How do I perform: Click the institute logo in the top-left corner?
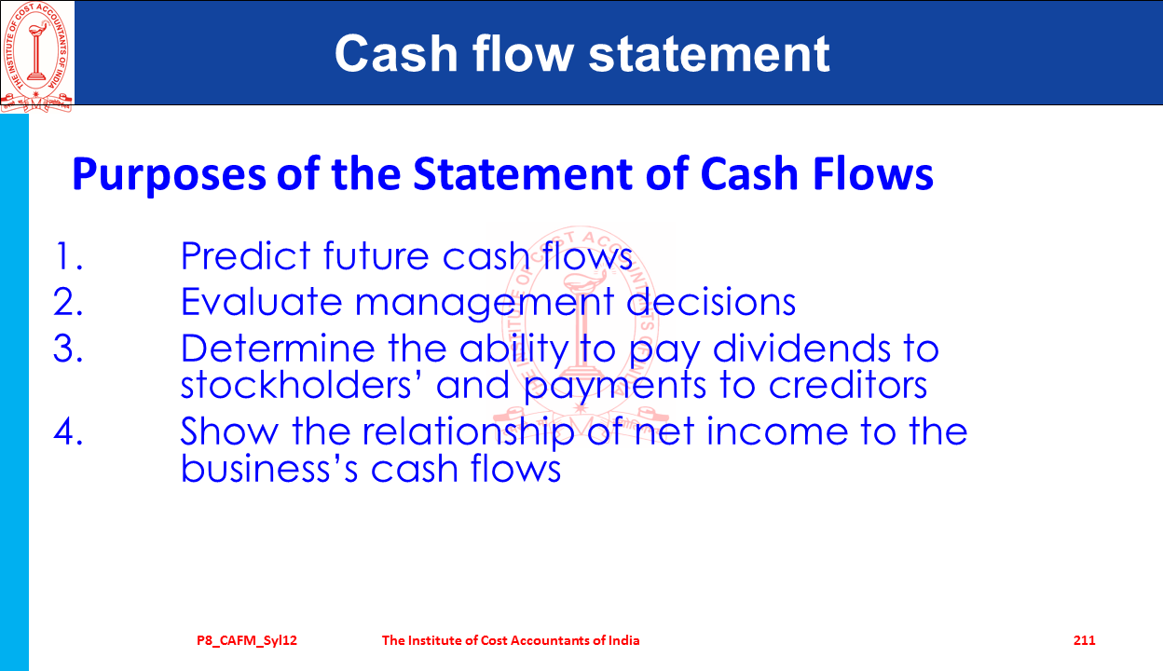pyautogui.click(x=36, y=56)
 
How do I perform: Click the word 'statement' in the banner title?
pyautogui.click(x=708, y=53)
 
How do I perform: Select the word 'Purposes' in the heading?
pyautogui.click(x=170, y=174)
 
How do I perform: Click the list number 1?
pyautogui.click(x=68, y=255)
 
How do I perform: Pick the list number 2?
pyautogui.click(x=68, y=301)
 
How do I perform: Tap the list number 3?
pyautogui.click(x=68, y=348)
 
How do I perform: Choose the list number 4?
pyautogui.click(x=68, y=431)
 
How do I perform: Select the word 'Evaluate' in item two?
pyautogui.click(x=262, y=301)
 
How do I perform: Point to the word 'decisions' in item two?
pyautogui.click(x=711, y=301)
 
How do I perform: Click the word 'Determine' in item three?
pyautogui.click(x=278, y=348)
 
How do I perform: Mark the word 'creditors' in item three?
pyautogui.click(x=848, y=385)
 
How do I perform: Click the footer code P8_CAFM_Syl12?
pyautogui.click(x=247, y=641)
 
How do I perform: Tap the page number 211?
pyautogui.click(x=1084, y=640)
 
